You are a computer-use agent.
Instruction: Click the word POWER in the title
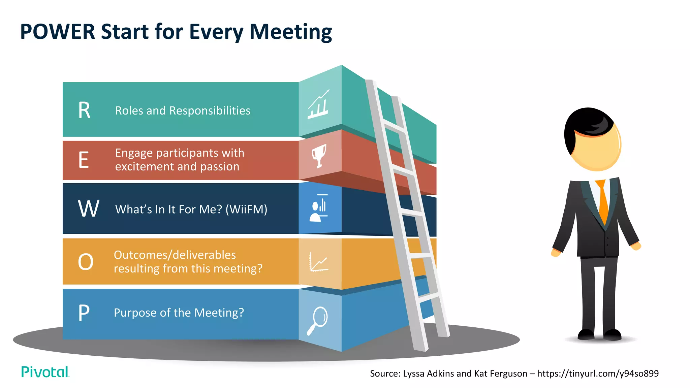[58, 32]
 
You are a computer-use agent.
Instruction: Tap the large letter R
[84, 110]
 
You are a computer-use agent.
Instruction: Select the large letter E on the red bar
[84, 160]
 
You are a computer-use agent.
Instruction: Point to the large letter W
[89, 209]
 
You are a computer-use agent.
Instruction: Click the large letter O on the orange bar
[86, 262]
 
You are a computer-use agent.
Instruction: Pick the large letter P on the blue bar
[84, 313]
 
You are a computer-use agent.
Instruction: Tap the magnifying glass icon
[317, 320]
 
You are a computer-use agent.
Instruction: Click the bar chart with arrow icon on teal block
[318, 104]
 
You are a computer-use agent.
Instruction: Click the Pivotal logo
[45, 372]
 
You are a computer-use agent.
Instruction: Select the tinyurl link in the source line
[598, 374]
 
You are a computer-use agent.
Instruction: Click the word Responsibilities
[210, 110]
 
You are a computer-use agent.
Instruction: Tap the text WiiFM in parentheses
[246, 209]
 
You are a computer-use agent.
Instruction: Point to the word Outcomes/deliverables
[175, 255]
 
